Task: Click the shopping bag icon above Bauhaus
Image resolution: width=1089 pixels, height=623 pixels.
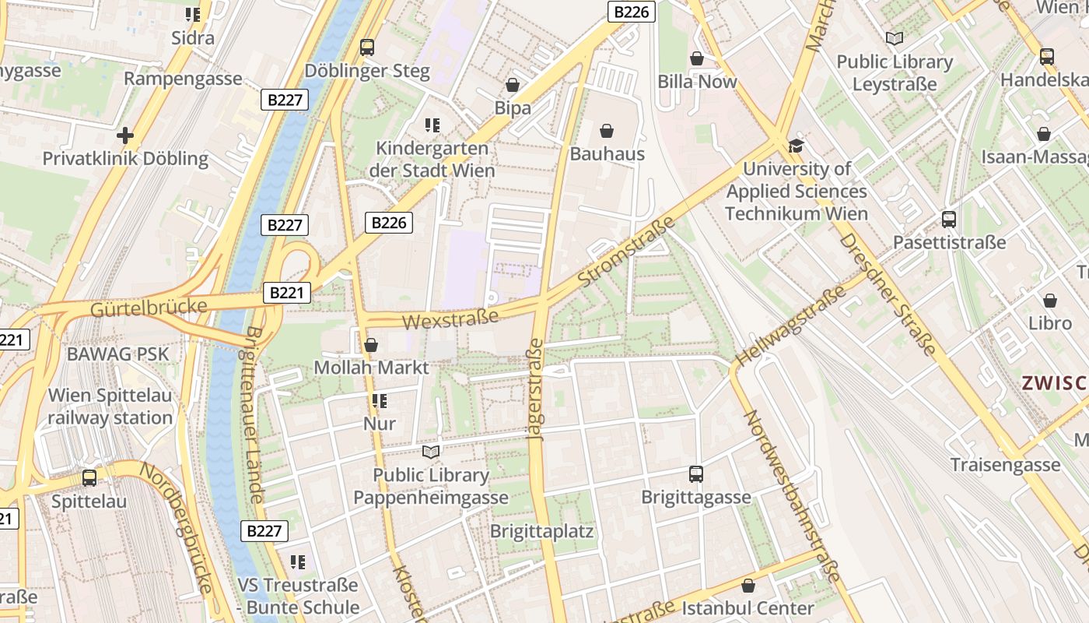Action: pos(607,131)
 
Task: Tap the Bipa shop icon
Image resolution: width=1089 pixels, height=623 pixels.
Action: pos(513,85)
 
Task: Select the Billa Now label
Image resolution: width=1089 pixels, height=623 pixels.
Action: pos(697,82)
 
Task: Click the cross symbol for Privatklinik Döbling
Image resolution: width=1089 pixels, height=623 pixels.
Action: pos(124,136)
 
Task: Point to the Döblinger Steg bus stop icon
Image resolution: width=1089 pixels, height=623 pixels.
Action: pos(367,48)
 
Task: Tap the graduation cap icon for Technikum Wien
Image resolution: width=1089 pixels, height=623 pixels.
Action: pos(796,146)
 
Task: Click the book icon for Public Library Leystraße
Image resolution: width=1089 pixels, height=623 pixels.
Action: pos(895,38)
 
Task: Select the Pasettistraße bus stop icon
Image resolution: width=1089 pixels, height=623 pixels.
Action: pos(949,220)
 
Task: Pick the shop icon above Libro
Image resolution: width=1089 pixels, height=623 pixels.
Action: pos(1050,301)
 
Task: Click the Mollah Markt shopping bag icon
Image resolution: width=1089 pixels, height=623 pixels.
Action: pos(371,344)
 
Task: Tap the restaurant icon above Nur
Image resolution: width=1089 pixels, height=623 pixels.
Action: pos(380,401)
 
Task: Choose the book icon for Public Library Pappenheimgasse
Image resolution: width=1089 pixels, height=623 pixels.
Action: pos(431,452)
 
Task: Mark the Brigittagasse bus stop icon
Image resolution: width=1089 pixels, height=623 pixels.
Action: pos(696,473)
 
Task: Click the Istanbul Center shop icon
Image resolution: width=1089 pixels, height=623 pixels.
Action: pos(748,586)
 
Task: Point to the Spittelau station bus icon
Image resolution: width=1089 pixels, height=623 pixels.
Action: pos(89,478)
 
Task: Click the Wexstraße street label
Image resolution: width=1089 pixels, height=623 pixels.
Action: pos(450,319)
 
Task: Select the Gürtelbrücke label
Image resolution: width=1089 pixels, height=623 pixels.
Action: pos(149,307)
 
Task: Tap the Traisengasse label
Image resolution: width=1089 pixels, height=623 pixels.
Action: pos(1005,465)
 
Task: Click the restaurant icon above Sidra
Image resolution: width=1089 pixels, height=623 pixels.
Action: pos(193,14)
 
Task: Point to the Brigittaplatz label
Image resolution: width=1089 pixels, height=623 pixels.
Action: pos(541,532)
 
